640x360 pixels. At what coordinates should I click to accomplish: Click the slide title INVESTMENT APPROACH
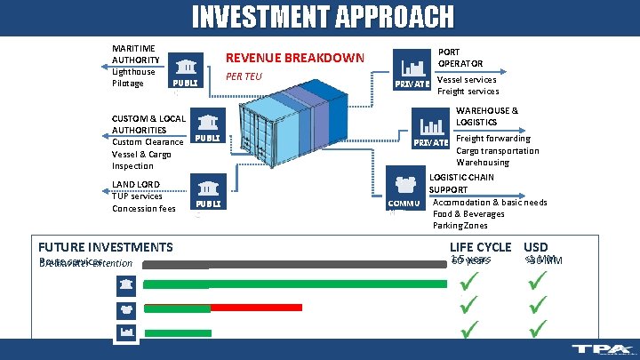pos(323,17)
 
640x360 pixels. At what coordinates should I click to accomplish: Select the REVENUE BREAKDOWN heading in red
pos(295,58)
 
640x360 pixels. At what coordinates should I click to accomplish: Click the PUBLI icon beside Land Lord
pos(207,192)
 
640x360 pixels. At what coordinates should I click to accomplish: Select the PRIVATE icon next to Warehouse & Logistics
pos(431,129)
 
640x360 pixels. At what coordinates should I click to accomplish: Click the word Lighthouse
pos(133,72)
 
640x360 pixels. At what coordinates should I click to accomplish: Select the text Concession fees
pos(144,209)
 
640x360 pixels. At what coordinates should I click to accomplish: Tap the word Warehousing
pos(483,163)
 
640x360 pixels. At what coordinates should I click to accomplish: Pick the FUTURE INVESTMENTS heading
pos(106,247)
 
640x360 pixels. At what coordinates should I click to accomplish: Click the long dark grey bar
pos(293,264)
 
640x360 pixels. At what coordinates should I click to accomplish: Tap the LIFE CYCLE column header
pos(480,247)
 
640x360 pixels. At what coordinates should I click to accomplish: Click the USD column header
pos(536,247)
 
